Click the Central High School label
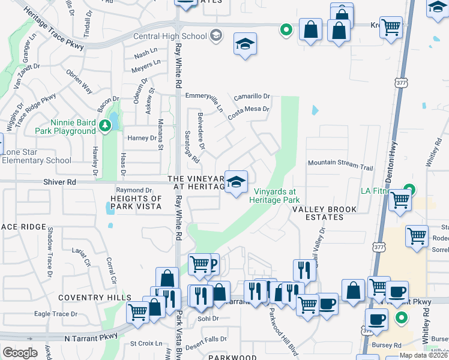tap(170, 36)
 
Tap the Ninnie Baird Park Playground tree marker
tap(106, 125)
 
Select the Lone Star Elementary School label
tap(36, 157)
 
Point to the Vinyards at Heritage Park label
tap(274, 196)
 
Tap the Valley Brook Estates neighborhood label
tap(324, 213)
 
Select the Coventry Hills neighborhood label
tap(95, 298)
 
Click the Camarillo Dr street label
tap(252, 97)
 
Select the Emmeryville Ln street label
tap(204, 96)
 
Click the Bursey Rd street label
tap(390, 345)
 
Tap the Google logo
tap(20, 353)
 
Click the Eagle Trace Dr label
tap(56, 314)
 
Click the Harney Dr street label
tap(142, 138)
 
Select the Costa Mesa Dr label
tap(249, 109)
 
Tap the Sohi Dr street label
tap(208, 318)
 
